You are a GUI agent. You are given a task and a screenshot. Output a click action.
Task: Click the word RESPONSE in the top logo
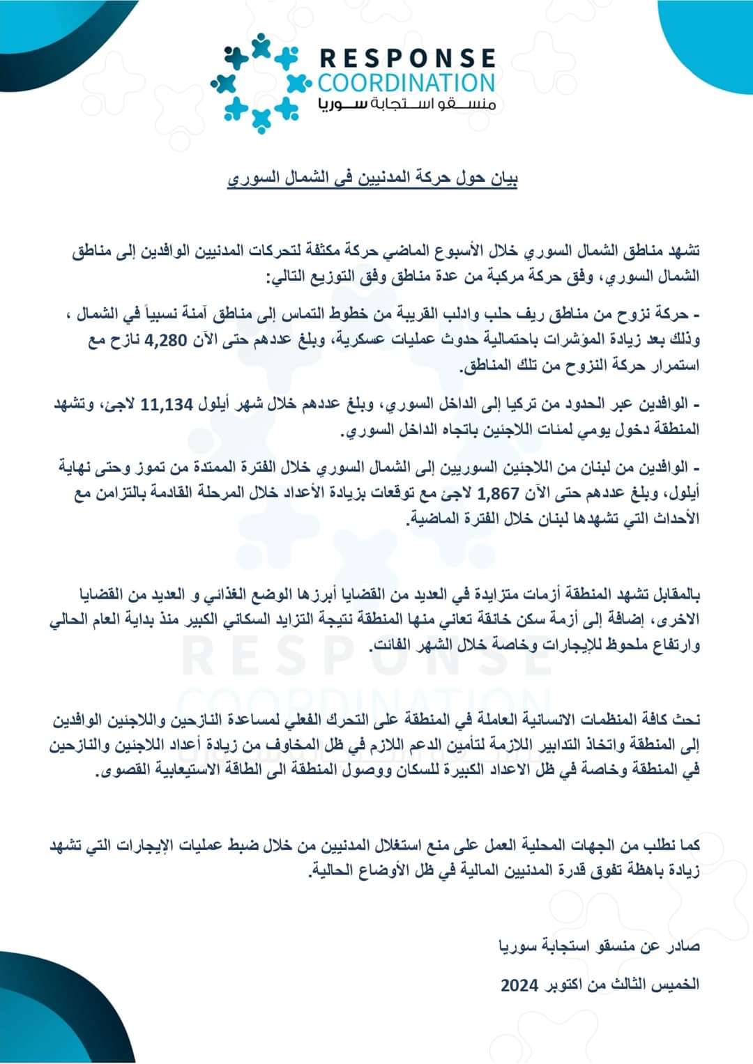coord(408,57)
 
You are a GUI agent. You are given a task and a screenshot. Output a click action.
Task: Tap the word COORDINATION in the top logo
coord(406,83)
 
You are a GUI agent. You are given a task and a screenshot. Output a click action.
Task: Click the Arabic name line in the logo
coord(406,105)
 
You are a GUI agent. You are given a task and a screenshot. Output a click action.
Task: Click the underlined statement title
coord(373,179)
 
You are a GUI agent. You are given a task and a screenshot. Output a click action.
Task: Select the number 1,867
coord(499,494)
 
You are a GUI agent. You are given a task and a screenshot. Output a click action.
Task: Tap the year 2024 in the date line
coord(519,985)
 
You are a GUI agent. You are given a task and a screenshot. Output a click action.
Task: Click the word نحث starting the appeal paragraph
coord(688,720)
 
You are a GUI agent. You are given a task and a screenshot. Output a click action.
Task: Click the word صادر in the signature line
coord(685,946)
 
